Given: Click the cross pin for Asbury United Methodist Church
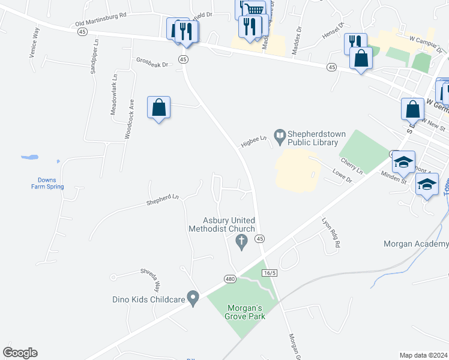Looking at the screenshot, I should [242, 243].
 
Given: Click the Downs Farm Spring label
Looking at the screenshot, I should [47, 183].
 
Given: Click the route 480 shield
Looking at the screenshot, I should [229, 279].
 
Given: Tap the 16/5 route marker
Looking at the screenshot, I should [270, 273].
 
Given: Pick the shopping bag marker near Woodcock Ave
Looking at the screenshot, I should [158, 108].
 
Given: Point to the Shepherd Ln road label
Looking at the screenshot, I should [163, 200].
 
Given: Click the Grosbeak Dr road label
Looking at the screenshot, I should [154, 61].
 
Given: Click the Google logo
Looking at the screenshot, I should [20, 353].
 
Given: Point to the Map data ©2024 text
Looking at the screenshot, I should [424, 355].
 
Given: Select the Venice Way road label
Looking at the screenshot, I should [34, 41].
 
